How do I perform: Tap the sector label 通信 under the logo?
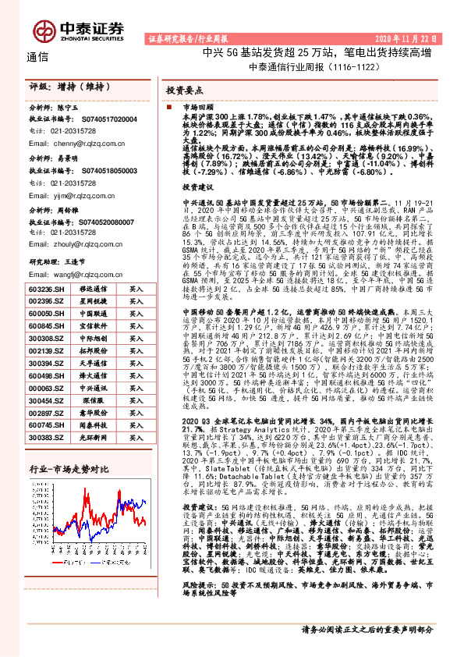tap(37, 56)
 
